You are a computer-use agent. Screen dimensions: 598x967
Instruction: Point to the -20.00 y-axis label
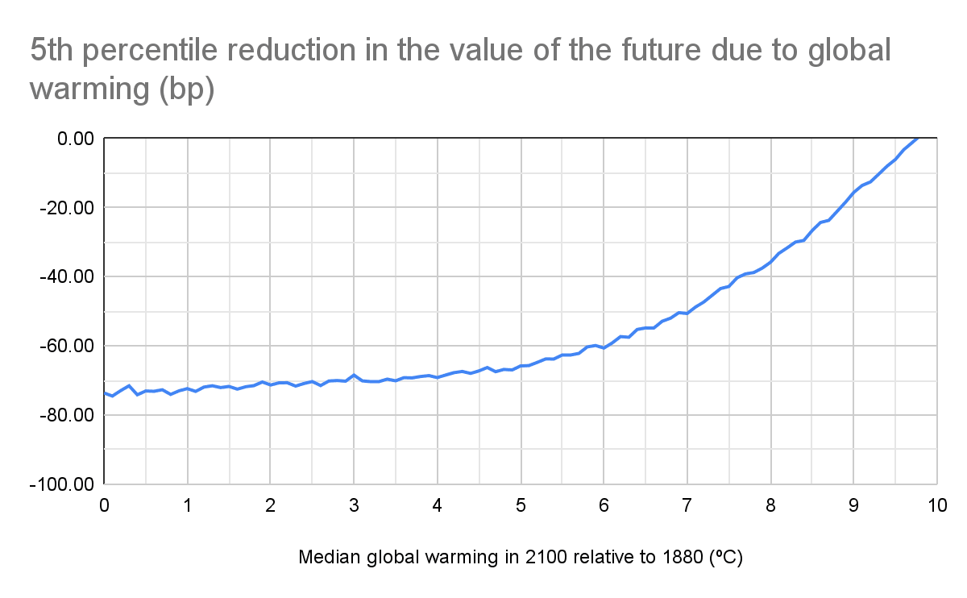[68, 208]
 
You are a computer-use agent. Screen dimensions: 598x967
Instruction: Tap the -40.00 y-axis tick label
[68, 276]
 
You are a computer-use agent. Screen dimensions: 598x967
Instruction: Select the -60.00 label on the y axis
[68, 346]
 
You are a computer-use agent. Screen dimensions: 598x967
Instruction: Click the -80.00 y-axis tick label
[68, 415]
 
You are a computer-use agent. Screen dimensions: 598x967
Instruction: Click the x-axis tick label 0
[104, 506]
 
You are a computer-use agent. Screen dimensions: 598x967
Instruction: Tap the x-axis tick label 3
[353, 506]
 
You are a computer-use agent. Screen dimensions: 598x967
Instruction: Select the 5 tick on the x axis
[520, 506]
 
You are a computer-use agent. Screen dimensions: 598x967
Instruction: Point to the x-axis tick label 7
[687, 506]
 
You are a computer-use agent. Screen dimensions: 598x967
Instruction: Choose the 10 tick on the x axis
[936, 506]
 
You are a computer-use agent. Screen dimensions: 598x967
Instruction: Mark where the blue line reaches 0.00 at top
[918, 139]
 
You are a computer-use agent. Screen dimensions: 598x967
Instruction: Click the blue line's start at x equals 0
[105, 392]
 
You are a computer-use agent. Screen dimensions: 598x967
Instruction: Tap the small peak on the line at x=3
[353, 376]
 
